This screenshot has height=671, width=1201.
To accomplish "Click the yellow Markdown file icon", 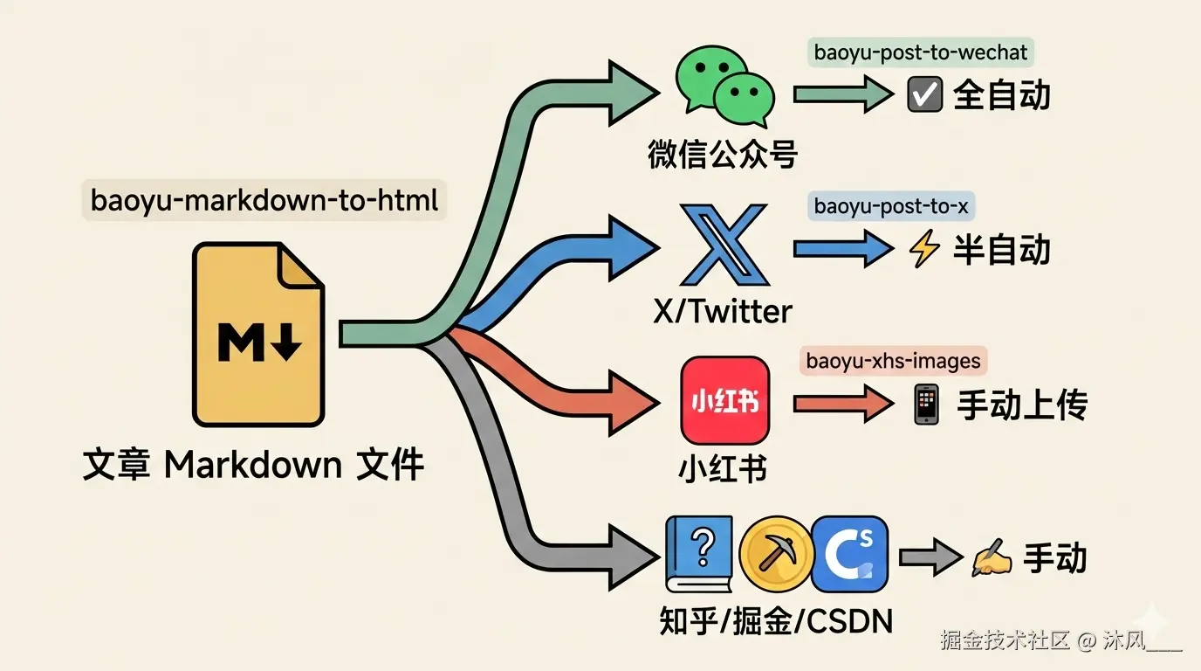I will click(x=258, y=335).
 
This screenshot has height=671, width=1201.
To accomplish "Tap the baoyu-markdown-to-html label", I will click(x=264, y=201).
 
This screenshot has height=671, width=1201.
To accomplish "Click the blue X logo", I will click(x=724, y=246).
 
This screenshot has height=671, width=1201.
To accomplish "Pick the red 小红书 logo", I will click(x=724, y=401).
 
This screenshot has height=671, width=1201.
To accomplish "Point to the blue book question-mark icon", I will click(x=697, y=554).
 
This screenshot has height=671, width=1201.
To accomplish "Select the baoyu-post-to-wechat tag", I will click(x=920, y=52).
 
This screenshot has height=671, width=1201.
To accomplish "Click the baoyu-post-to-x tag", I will click(x=891, y=207).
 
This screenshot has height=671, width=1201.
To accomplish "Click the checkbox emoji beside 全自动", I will click(x=924, y=95).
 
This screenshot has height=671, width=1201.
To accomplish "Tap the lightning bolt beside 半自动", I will click(x=924, y=251).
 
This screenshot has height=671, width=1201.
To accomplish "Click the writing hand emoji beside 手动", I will click(x=992, y=559).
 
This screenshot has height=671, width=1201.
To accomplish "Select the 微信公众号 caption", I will click(x=723, y=155).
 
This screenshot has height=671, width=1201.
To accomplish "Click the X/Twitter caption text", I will click(x=723, y=310).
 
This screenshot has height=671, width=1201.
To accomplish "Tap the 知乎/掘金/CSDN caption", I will click(x=776, y=621).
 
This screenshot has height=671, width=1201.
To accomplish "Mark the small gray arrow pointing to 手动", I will click(x=930, y=557).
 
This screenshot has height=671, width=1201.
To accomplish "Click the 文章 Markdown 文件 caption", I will click(x=253, y=465).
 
